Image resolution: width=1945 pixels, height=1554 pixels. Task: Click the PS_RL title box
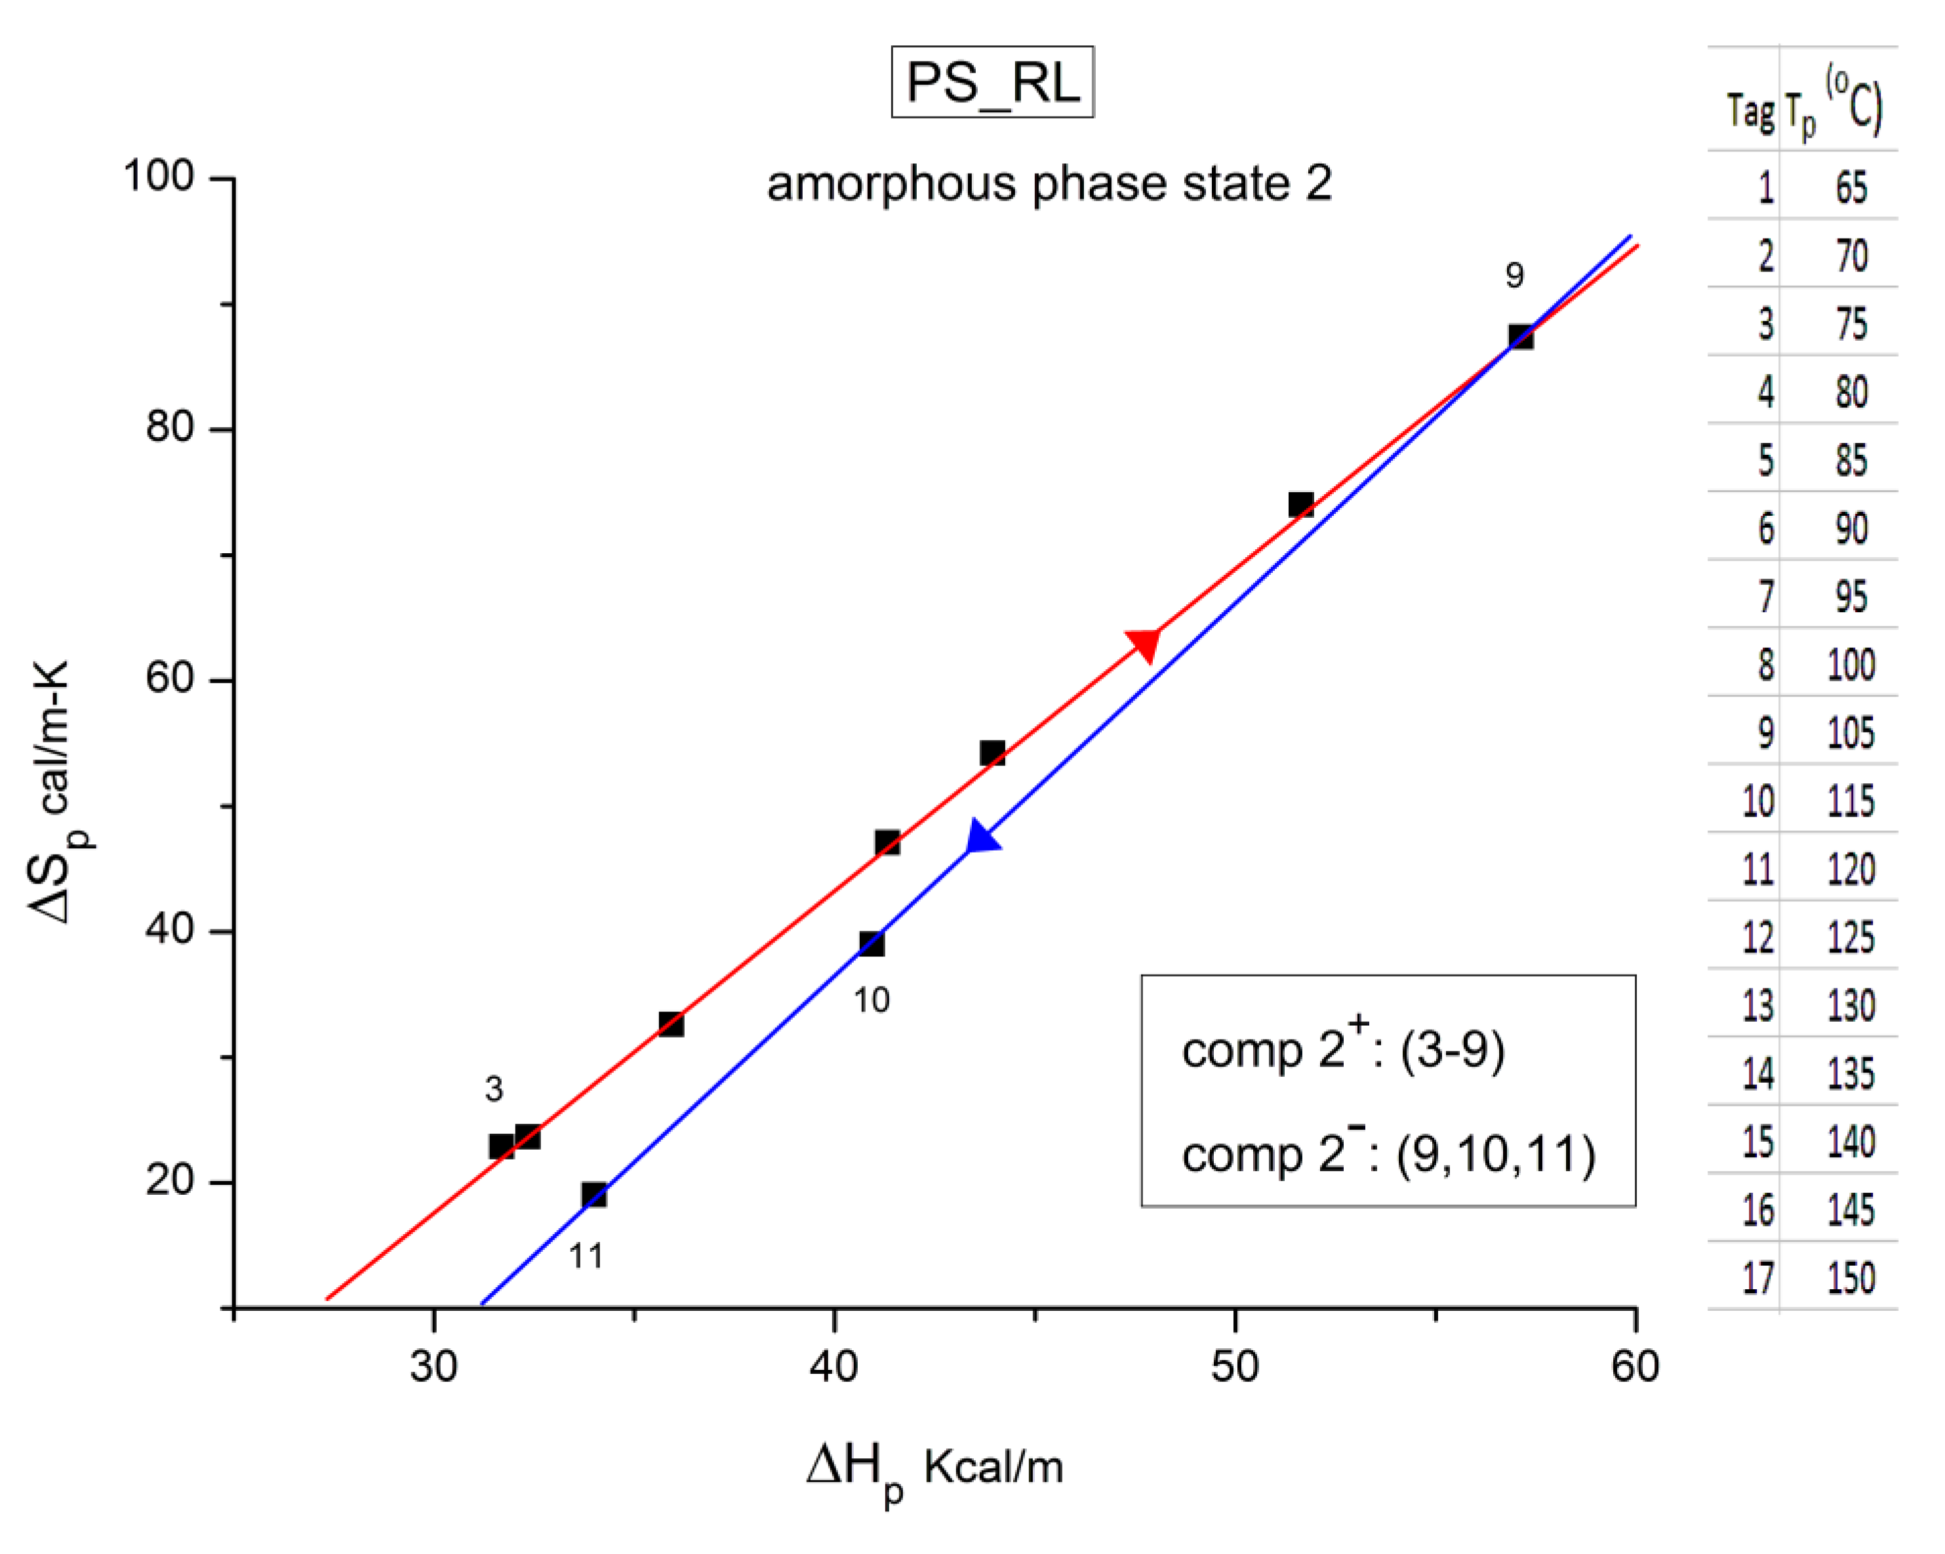coord(992,82)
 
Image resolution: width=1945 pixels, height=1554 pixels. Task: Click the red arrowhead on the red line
coord(1144,643)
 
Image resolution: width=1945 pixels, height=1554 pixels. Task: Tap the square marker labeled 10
coord(872,943)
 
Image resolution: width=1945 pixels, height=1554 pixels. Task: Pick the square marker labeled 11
coord(593,1195)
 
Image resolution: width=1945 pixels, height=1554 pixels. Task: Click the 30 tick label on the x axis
coord(434,1367)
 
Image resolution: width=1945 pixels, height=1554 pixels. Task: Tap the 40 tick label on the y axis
coord(170,930)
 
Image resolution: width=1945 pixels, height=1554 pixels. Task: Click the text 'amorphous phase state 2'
coord(1049,184)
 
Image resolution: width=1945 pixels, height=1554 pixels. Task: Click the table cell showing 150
coord(1851,1278)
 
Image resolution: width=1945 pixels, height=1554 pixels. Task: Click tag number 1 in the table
coord(1765,187)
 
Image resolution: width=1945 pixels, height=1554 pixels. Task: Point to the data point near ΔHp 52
coord(1300,504)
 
